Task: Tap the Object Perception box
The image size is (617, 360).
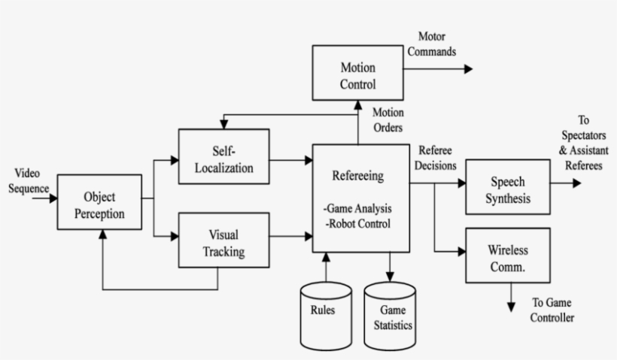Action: (99, 204)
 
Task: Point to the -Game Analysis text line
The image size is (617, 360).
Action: (360, 207)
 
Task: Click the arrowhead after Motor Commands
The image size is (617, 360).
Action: (468, 69)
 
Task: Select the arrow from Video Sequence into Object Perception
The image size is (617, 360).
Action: (48, 199)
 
